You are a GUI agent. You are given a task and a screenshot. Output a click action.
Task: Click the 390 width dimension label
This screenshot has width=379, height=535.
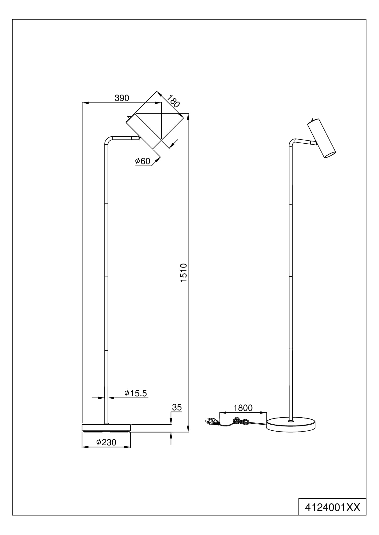tap(122, 98)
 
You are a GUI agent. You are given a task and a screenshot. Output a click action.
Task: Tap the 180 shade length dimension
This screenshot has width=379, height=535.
tap(173, 102)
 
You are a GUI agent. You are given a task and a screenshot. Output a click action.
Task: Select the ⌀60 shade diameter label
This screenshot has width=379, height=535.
tap(143, 161)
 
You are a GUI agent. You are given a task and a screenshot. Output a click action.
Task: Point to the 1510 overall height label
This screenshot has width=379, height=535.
tap(183, 272)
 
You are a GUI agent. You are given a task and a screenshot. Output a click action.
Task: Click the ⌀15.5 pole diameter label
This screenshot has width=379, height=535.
tap(136, 393)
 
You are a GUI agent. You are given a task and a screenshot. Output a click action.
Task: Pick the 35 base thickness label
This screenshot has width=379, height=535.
tap(177, 407)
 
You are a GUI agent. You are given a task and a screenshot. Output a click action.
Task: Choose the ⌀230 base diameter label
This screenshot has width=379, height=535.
tap(106, 442)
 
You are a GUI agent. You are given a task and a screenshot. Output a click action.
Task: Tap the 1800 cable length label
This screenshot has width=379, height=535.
tap(243, 408)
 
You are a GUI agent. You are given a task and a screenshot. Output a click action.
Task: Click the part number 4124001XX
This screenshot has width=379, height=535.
tap(333, 507)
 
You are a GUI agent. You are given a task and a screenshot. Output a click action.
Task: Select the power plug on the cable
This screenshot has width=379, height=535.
tap(211, 422)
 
